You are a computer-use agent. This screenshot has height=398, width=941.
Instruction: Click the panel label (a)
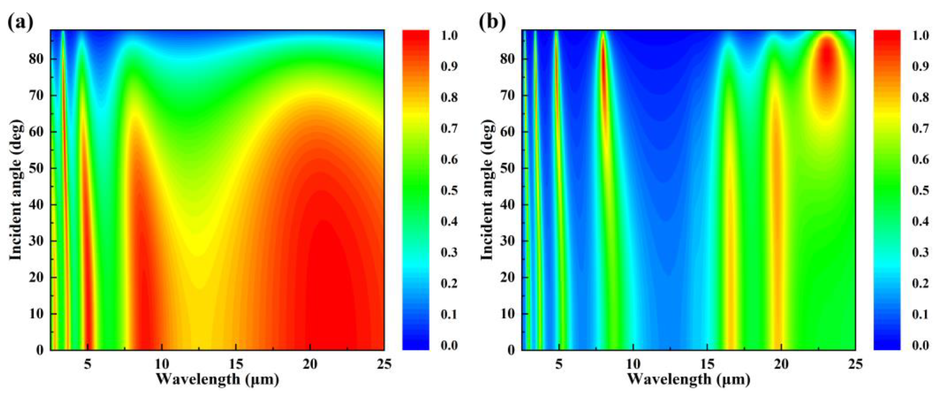[x=20, y=23]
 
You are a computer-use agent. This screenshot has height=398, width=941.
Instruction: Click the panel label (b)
[x=492, y=23]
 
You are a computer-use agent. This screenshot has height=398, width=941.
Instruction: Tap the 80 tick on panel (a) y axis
[x=36, y=59]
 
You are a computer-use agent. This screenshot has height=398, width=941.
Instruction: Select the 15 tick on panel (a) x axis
[x=236, y=364]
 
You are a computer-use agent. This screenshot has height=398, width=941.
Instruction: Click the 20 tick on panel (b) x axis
[x=781, y=364]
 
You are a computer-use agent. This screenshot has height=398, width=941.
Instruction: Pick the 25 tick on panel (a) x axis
[x=384, y=364]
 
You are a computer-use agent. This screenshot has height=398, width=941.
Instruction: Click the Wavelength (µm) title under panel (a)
[x=217, y=379]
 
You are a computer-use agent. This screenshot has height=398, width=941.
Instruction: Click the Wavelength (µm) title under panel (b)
[x=689, y=379]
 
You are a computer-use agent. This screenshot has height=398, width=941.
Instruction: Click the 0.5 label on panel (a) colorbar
[x=449, y=190]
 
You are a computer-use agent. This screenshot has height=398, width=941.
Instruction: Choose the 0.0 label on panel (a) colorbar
[x=449, y=345]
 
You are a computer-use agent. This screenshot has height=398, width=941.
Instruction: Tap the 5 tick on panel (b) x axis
[x=559, y=364]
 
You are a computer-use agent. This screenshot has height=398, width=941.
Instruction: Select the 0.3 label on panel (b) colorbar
[x=920, y=252]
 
